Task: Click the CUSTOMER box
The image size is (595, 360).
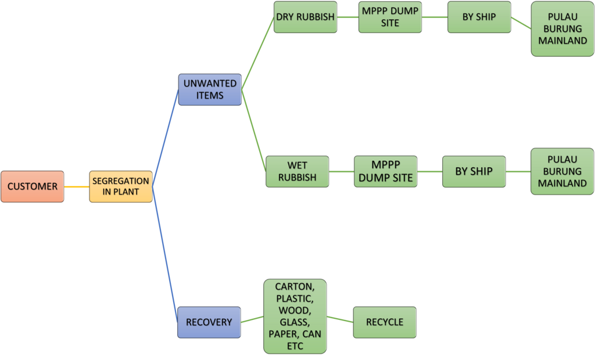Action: pos(32,186)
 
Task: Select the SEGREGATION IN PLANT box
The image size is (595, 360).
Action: pos(121,186)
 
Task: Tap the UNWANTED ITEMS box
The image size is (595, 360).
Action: pos(210,89)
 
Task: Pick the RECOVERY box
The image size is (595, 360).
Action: pos(209,322)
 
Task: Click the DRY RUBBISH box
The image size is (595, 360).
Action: pos(305,17)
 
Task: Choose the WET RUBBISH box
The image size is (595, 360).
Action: pos(297,171)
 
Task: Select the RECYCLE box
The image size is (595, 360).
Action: pos(385,322)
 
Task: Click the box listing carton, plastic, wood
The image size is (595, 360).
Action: pos(295,316)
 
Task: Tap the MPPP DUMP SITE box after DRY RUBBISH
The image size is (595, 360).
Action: pos(390,17)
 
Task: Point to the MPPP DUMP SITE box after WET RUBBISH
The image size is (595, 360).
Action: pos(386,171)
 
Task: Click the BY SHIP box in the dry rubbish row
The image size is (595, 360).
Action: pos(479,17)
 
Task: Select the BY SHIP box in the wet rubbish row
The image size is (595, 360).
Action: pos(474,171)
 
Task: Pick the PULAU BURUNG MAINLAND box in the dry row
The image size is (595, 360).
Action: pos(562,28)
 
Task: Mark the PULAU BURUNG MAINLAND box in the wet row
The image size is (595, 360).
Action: pos(562,171)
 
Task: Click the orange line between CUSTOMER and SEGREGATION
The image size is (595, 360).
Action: pos(76,187)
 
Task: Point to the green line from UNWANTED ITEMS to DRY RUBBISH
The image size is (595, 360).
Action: pos(257,53)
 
